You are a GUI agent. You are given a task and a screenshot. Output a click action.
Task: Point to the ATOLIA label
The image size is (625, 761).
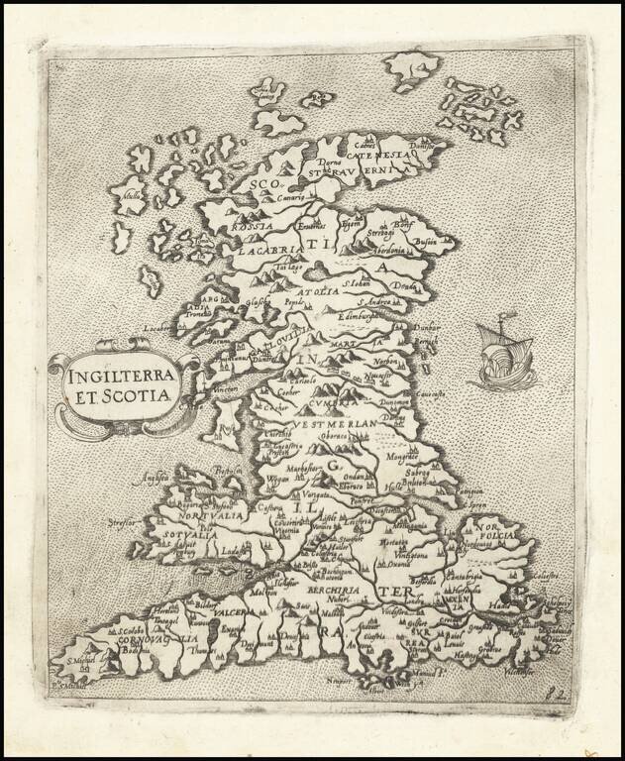(x=320, y=292)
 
